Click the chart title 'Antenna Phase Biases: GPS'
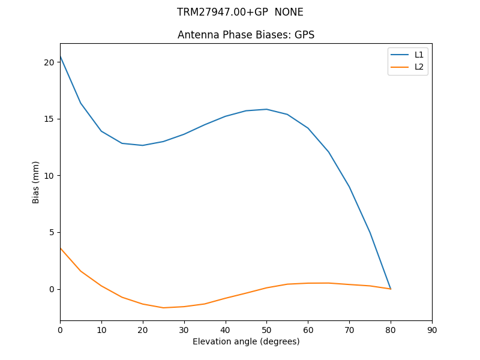click(246, 35)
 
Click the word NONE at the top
click(289, 12)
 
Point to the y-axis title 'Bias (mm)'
click(36, 182)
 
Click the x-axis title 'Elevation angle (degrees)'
click(246, 341)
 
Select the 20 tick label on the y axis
click(49, 62)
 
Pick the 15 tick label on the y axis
click(49, 119)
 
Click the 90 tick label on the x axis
click(432, 329)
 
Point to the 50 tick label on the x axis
click(266, 329)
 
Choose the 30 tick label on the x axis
click(184, 329)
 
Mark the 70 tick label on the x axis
click(349, 329)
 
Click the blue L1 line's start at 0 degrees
click(60, 56)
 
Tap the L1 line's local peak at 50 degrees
click(266, 109)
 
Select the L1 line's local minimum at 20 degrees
click(143, 145)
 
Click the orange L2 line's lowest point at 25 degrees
click(163, 308)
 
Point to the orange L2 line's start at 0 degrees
click(60, 248)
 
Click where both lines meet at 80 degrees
click(391, 289)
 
